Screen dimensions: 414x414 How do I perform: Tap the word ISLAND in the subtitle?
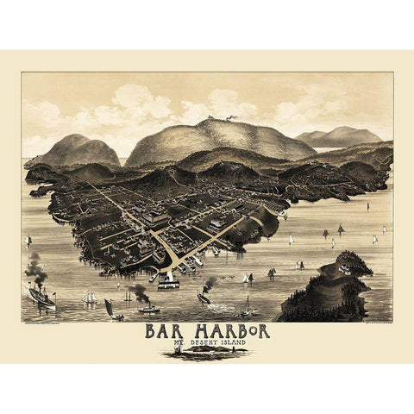tap(252, 343)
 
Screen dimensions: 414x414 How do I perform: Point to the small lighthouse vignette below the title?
tap(198, 352)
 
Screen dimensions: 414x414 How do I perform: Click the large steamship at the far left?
tap(41, 298)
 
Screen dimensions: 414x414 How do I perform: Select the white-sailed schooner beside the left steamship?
tap(90, 297)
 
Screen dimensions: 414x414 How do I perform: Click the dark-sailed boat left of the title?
tap(110, 306)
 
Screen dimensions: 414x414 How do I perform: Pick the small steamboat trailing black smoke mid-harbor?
tap(147, 307)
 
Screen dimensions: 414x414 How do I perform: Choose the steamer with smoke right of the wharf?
tap(204, 297)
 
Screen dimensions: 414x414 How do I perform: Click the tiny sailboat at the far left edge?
tap(28, 241)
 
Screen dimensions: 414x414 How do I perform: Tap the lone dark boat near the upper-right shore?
tap(368, 207)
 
